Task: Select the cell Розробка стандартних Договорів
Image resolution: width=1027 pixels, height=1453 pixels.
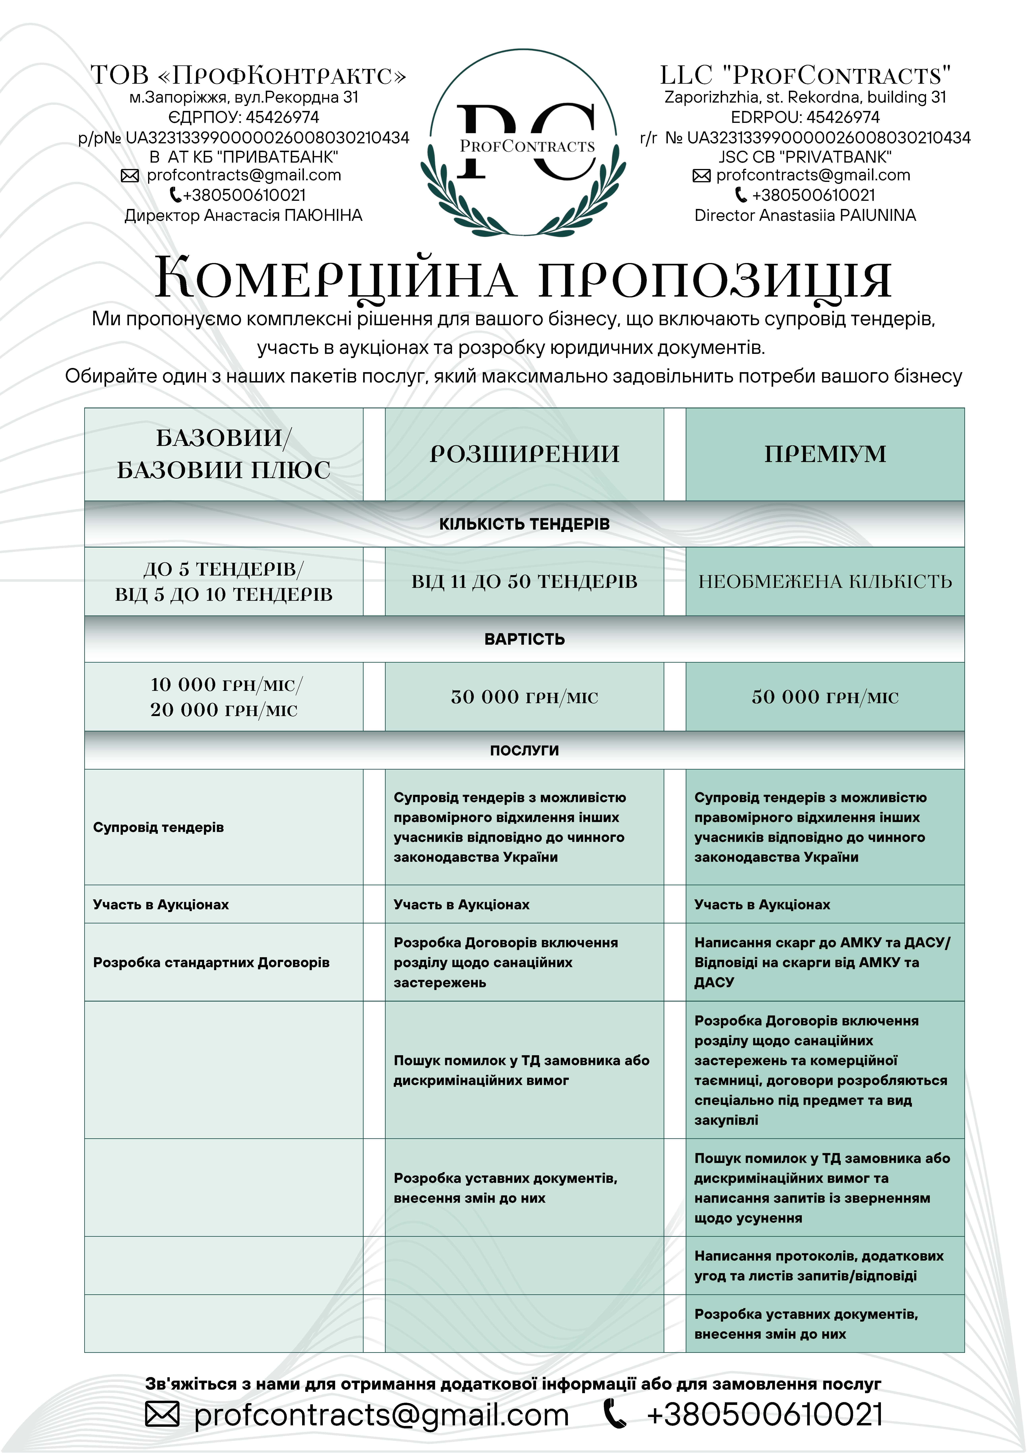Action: [x=211, y=963]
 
